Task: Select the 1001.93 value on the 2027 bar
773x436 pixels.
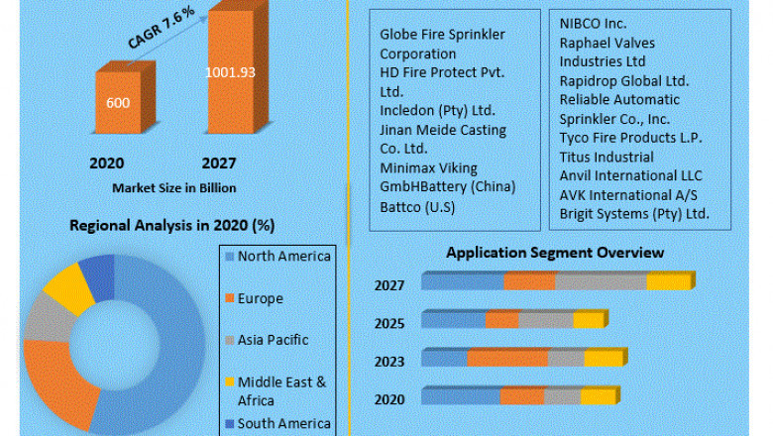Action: pos(230,72)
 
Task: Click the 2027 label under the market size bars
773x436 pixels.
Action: pos(220,163)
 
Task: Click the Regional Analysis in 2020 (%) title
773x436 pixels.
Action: pos(170,225)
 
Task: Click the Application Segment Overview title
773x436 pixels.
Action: pos(554,253)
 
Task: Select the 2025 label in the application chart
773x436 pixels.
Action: pos(388,323)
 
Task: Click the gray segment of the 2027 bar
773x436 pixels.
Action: pos(601,282)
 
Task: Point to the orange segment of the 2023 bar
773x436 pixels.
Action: pos(507,358)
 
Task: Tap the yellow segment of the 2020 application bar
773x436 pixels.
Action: pos(598,396)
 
